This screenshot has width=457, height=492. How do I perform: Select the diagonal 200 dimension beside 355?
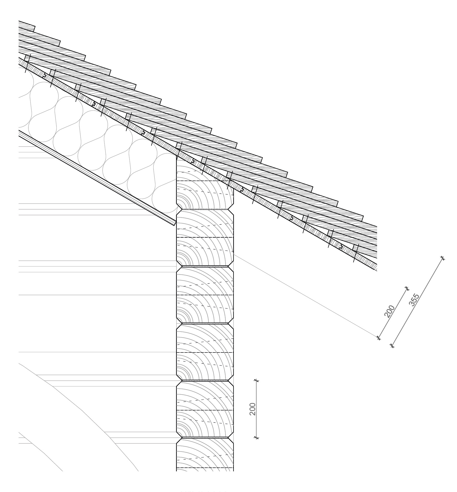pos(389,311)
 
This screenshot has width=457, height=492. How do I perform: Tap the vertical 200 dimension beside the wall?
pos(253,409)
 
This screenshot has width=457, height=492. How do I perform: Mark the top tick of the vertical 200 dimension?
pos(257,380)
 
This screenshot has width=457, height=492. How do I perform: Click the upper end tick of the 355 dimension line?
pos(442,258)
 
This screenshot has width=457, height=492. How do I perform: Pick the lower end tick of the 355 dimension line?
pos(392,345)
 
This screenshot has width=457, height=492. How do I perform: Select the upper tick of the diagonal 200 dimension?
pos(407,288)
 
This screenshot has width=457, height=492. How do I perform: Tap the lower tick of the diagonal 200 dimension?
pos(379,338)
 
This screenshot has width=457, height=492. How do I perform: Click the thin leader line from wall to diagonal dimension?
pos(306,296)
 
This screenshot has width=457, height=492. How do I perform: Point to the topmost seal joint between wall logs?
pos(205,209)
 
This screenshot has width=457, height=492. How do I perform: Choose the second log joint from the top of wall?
pos(205,266)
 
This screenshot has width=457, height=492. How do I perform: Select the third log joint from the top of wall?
pos(205,323)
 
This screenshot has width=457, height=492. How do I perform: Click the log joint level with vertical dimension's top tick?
pos(205,381)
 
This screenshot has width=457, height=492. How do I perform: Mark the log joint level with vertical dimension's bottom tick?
pos(205,437)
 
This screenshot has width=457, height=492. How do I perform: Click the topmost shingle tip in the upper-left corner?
pos(34,26)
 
